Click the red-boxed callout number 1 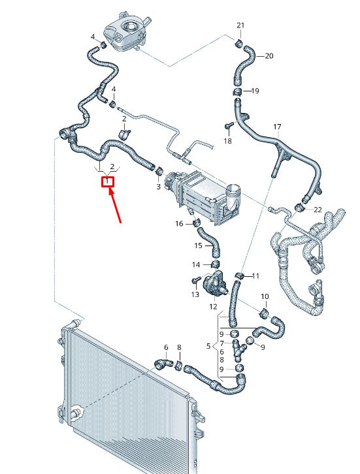tap(107, 182)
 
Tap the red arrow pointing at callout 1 tap(115, 205)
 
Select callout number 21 tap(240, 25)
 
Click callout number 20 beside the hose tap(269, 56)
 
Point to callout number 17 tap(277, 127)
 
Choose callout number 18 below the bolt tap(228, 141)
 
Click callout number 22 tap(318, 209)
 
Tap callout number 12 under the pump tap(213, 306)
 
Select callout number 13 tap(195, 294)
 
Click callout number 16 tap(179, 223)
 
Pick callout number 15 tap(198, 245)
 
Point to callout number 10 tap(265, 296)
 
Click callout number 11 tap(255, 276)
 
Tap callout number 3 tap(159, 187)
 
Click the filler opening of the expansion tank tap(131, 27)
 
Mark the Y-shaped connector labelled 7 tap(238, 351)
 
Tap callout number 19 tap(255, 91)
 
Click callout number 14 tap(196, 265)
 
